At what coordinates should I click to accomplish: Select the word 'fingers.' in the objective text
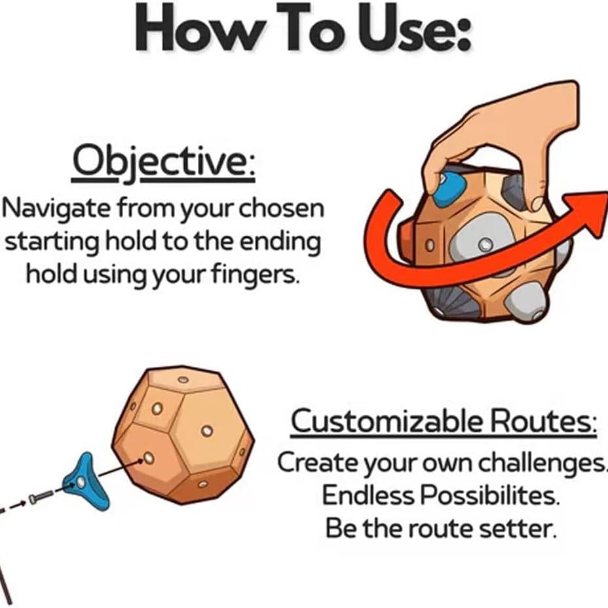(x=256, y=274)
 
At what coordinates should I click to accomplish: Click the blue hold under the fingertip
(x=449, y=189)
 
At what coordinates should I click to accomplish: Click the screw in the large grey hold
(x=485, y=244)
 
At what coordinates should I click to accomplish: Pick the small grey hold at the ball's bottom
(x=526, y=302)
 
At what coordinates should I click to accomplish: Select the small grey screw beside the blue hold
(x=41, y=497)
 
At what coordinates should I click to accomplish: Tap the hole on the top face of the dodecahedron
(x=183, y=379)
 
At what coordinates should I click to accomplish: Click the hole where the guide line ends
(x=149, y=459)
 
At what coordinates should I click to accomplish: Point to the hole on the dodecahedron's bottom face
(x=202, y=484)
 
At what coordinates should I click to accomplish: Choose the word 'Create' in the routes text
(x=318, y=462)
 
